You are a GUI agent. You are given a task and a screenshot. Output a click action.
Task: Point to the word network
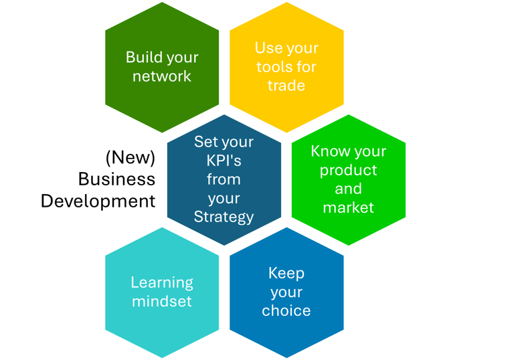point(162,76)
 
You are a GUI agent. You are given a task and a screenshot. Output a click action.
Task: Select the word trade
point(286,86)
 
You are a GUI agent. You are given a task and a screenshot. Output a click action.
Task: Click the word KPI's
point(224,161)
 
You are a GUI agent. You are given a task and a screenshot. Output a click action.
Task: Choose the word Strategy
point(224,217)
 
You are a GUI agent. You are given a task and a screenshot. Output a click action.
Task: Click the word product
point(348,170)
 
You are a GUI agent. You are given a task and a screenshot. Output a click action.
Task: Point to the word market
point(348,207)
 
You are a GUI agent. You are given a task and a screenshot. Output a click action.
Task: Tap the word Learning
point(162,282)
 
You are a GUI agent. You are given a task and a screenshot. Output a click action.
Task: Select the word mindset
point(162,301)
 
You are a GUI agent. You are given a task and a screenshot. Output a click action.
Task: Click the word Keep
point(286,273)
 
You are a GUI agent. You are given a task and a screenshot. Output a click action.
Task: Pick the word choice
point(286,310)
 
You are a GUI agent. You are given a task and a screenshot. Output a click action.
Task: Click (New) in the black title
point(131,158)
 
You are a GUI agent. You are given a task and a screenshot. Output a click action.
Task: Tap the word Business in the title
point(116,179)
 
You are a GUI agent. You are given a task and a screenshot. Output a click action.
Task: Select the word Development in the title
point(98,201)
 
